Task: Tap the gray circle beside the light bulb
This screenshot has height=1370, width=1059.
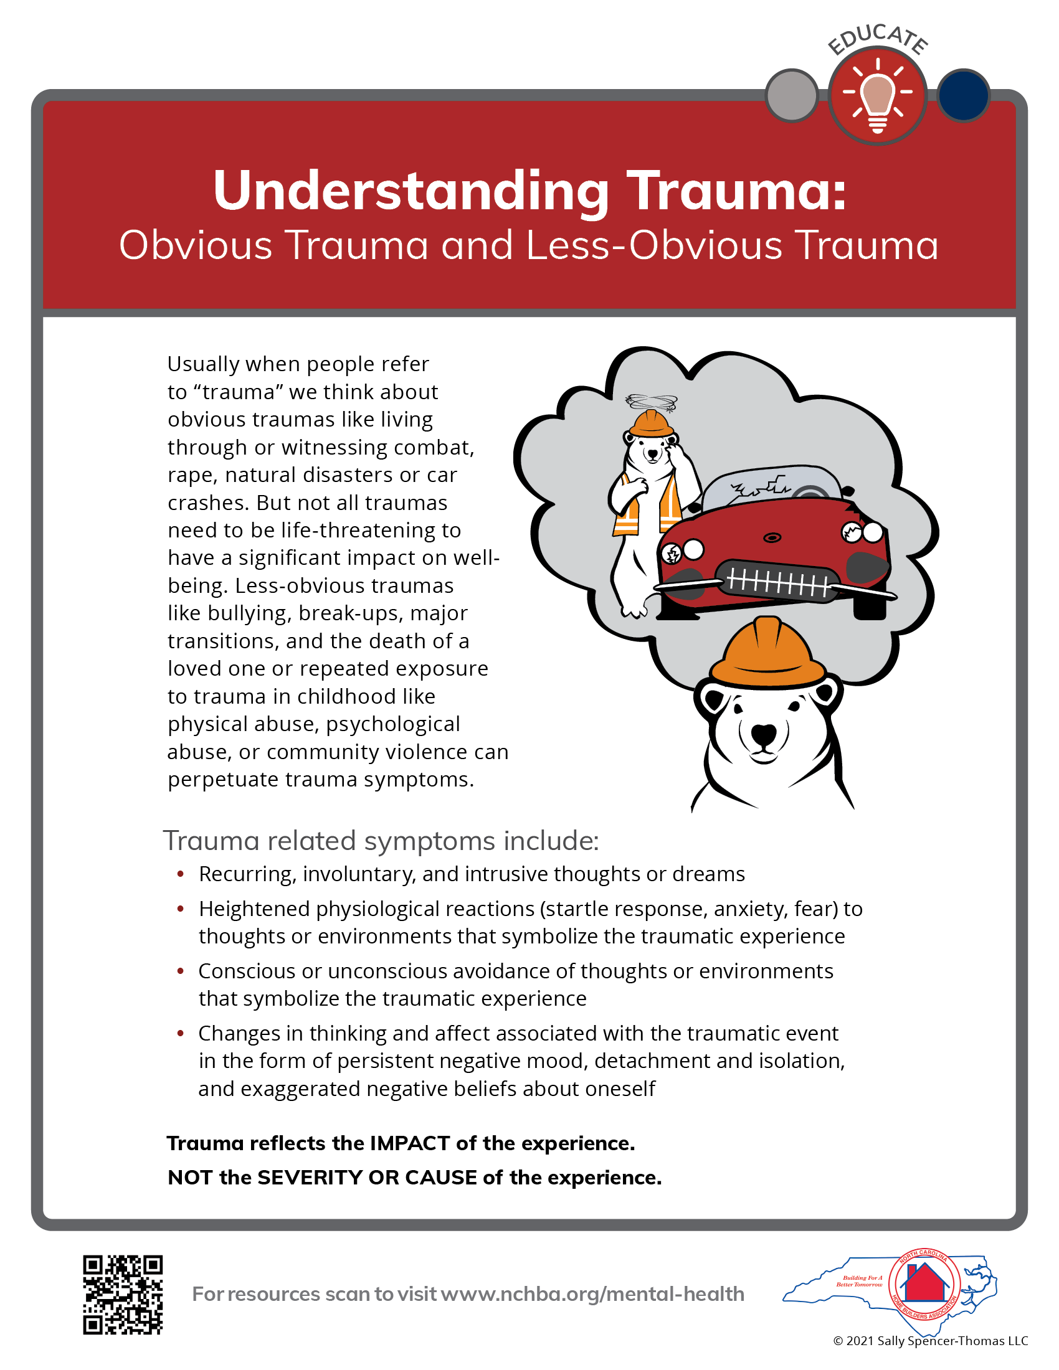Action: [792, 95]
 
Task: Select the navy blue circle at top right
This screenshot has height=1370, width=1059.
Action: [963, 95]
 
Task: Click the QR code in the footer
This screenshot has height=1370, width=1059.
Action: [123, 1294]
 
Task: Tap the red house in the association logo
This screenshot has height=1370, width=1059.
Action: [924, 1282]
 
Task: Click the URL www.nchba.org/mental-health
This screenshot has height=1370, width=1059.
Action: [592, 1294]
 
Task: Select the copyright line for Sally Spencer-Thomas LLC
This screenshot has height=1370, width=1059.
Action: [930, 1341]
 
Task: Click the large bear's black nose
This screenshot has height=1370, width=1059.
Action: [764, 733]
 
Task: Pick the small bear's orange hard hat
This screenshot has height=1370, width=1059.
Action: [651, 423]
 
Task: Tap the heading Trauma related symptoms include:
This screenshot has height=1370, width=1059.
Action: [381, 841]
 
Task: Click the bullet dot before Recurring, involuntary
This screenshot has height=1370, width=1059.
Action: [181, 874]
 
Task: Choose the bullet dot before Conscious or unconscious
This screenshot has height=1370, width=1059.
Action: [181, 971]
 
